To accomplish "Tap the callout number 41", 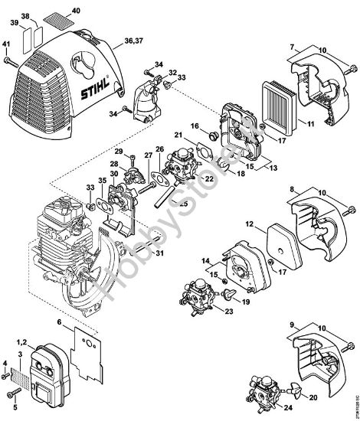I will [6, 44].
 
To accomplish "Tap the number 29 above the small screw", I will [119, 152].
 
